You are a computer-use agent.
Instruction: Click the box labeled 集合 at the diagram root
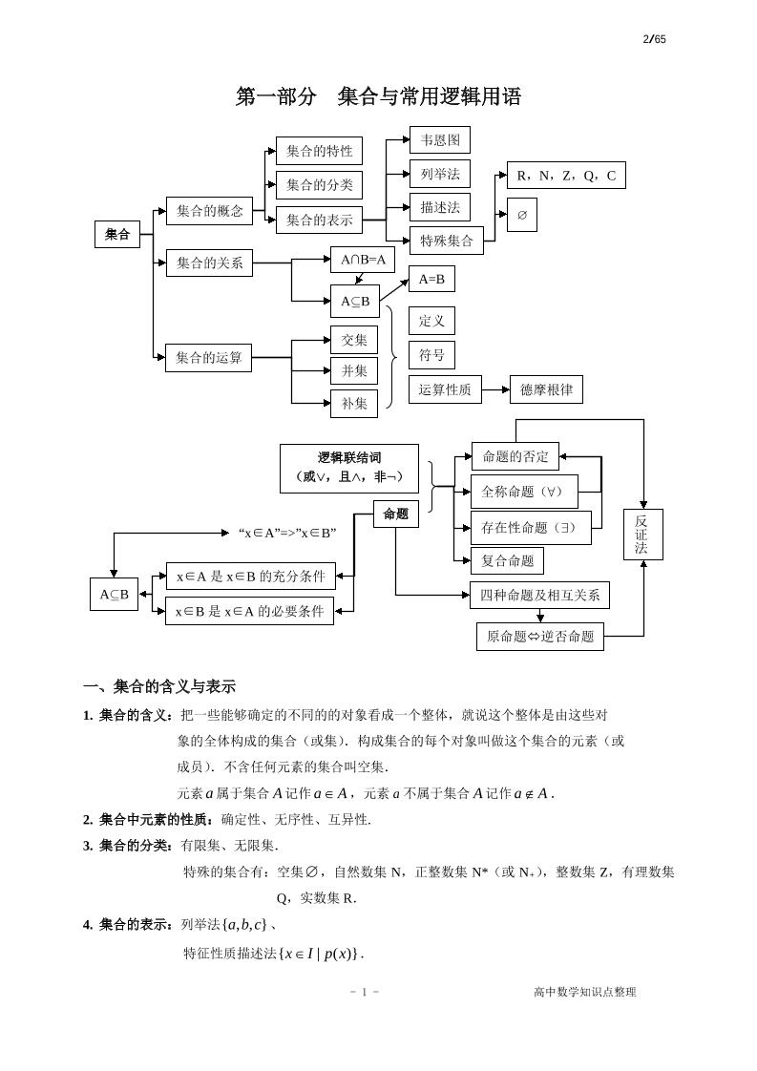click(x=117, y=234)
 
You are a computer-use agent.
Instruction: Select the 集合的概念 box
click(x=209, y=211)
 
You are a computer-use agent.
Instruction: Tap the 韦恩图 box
click(x=440, y=140)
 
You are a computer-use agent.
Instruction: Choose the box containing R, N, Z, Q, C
click(x=566, y=176)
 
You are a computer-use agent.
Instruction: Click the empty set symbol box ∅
click(x=522, y=215)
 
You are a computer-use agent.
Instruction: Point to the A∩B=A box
click(x=362, y=260)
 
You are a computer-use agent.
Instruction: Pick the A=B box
click(x=432, y=279)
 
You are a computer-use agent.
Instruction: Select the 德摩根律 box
click(x=546, y=389)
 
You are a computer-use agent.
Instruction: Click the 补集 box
click(x=354, y=403)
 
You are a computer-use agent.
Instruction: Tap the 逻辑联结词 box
click(x=348, y=468)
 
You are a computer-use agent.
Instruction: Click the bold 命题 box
click(x=395, y=514)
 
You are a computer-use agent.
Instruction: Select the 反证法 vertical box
click(x=641, y=535)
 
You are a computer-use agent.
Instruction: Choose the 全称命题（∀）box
click(x=523, y=492)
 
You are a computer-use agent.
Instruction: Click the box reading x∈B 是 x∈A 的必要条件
click(x=249, y=611)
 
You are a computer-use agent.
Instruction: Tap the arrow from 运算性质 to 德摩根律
click(x=495, y=389)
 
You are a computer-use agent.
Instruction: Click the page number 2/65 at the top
click(x=654, y=38)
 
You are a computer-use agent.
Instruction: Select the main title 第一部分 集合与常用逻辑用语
click(x=378, y=96)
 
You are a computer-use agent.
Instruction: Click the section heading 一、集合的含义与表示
click(x=159, y=686)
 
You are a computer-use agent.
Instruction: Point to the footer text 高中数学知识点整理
click(x=584, y=992)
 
